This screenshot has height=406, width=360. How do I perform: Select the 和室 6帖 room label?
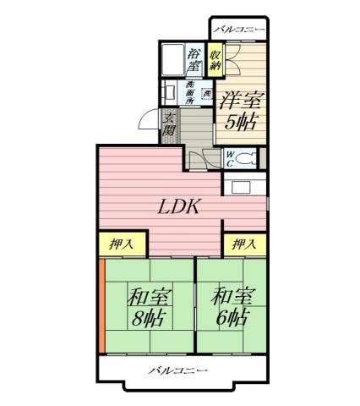[230, 308]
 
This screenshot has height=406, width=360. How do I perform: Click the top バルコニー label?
[239, 30]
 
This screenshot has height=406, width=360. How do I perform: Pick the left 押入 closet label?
[122, 244]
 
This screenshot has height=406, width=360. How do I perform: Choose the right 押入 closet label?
[244, 244]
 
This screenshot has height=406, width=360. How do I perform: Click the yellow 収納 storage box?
[216, 58]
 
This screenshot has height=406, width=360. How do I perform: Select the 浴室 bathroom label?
[194, 58]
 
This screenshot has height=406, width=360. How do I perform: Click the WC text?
[230, 158]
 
